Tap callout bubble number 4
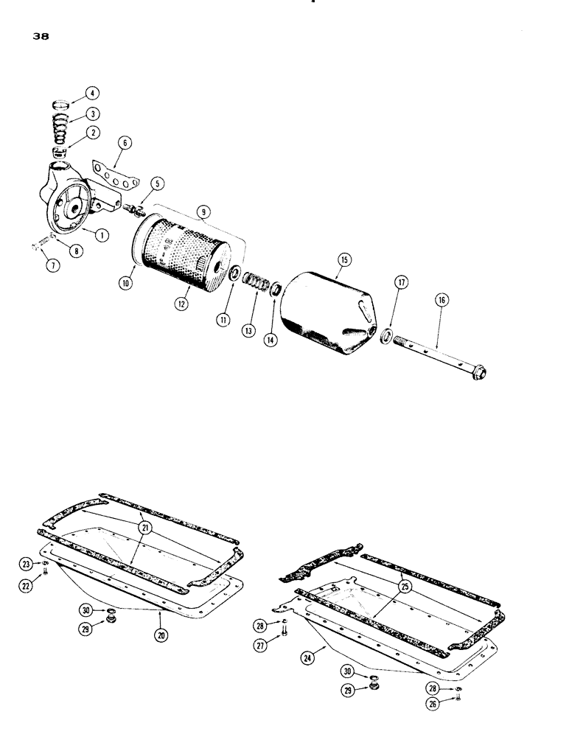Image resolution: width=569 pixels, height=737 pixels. [91, 93]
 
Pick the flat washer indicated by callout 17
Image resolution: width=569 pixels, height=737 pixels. [385, 337]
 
